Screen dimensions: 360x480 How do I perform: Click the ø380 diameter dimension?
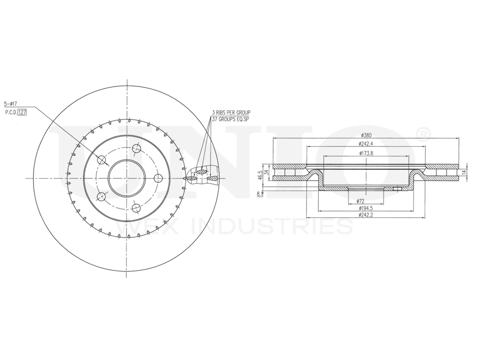point(366,135)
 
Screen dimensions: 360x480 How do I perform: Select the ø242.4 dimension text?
point(366,144)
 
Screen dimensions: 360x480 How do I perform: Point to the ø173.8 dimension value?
point(366,153)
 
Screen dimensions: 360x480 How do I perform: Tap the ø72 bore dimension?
point(360,201)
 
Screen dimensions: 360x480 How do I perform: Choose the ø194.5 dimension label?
point(366,208)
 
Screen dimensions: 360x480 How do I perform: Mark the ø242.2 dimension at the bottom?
point(366,216)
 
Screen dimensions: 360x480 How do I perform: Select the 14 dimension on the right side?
point(464,172)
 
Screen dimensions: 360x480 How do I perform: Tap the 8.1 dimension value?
point(260,194)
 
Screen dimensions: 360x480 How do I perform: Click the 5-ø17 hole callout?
point(11,103)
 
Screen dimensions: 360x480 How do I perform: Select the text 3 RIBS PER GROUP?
point(231,112)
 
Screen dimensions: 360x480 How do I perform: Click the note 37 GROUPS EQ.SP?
point(231,118)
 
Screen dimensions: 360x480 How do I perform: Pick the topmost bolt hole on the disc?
point(136,148)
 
